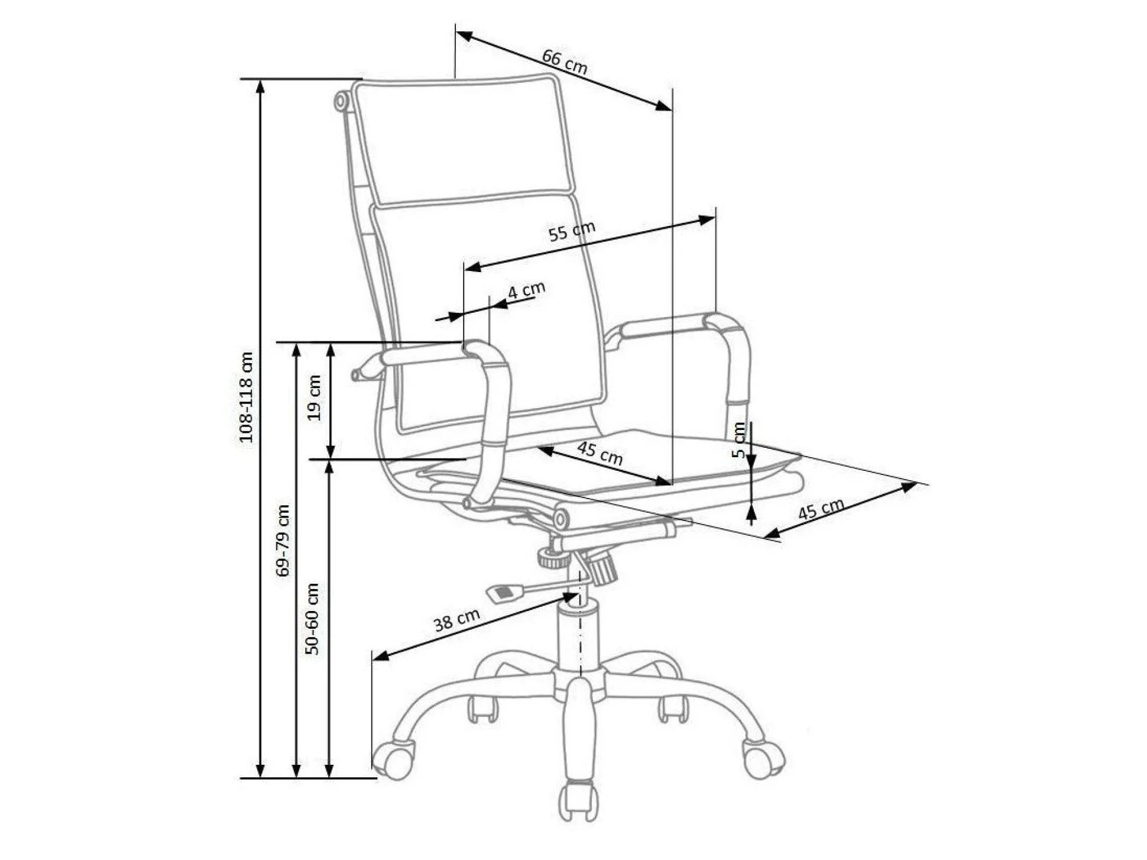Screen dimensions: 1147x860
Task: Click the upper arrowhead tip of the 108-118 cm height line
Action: click(x=260, y=80)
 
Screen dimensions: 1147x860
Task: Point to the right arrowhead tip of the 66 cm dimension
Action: click(x=672, y=110)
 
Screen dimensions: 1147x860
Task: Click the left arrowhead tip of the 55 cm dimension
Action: click(x=465, y=270)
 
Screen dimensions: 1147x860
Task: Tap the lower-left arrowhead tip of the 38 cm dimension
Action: click(x=373, y=659)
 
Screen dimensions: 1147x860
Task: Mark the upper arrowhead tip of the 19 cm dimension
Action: click(x=331, y=343)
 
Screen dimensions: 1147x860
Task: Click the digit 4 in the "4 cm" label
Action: click(x=513, y=292)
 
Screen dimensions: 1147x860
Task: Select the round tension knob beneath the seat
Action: click(x=553, y=558)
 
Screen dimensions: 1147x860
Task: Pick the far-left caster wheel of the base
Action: click(x=393, y=759)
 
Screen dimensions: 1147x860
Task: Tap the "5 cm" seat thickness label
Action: click(x=738, y=439)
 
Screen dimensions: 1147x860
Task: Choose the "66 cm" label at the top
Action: click(x=565, y=62)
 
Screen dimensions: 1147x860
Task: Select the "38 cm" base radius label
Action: click(x=456, y=620)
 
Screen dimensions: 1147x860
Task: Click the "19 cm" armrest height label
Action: click(x=315, y=397)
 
